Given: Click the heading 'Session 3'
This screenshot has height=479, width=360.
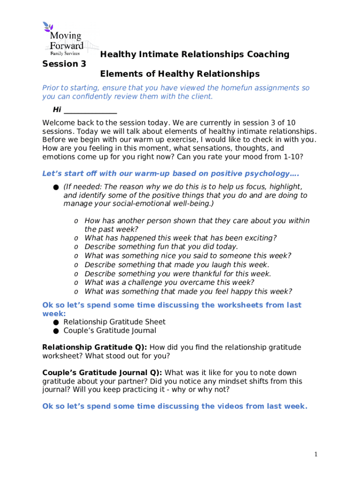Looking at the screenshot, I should pyautogui.click(x=64, y=64).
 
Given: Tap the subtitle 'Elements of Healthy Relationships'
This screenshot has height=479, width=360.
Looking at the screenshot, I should pyautogui.click(x=180, y=74).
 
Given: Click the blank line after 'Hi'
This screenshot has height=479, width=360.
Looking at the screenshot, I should pyautogui.click(x=90, y=110).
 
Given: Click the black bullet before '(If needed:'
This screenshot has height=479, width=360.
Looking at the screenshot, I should pyautogui.click(x=56, y=187).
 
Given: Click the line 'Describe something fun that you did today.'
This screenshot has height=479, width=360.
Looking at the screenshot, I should pyautogui.click(x=161, y=247).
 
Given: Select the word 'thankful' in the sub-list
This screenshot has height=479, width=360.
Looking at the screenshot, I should pyautogui.click(x=198, y=274).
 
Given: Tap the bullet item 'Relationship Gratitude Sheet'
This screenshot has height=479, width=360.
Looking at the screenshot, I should pyautogui.click(x=114, y=322).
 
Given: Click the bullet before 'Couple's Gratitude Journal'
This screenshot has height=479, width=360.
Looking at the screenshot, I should pyautogui.click(x=56, y=331).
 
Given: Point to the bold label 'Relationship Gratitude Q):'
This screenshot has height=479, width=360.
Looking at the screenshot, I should pyautogui.click(x=94, y=347).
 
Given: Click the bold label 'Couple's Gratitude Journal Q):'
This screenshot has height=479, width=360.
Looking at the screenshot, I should pyautogui.click(x=102, y=372).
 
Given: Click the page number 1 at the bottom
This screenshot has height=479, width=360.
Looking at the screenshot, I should pyautogui.click(x=316, y=454).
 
